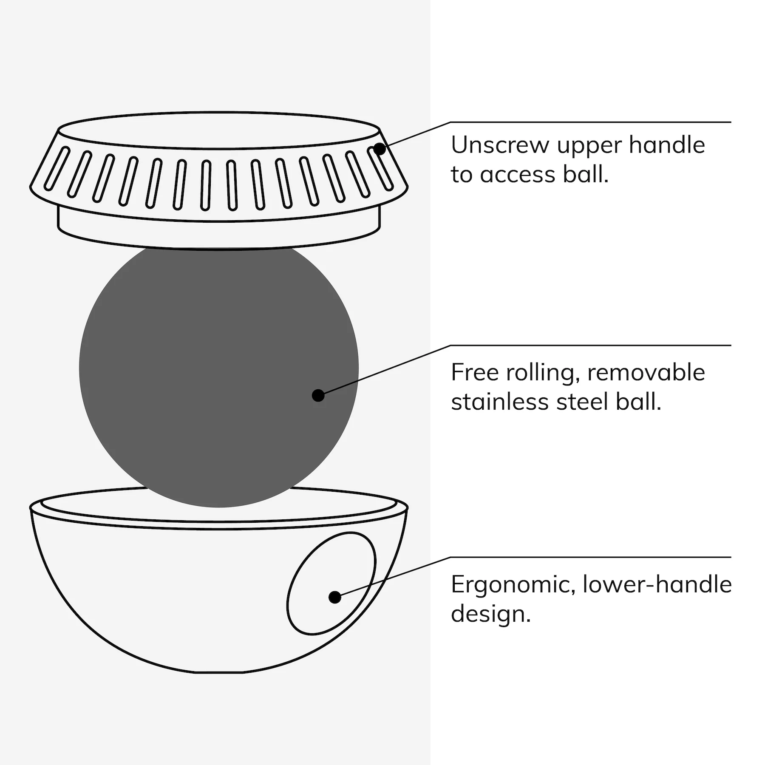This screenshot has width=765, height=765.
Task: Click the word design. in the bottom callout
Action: (x=491, y=613)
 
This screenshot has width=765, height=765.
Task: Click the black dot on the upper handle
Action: (x=380, y=149)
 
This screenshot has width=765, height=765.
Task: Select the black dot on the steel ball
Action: (x=318, y=395)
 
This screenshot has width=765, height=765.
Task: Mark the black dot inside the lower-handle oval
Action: (x=335, y=597)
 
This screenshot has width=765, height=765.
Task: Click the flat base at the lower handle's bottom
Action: (x=219, y=673)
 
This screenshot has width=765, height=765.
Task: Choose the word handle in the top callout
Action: (x=667, y=145)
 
